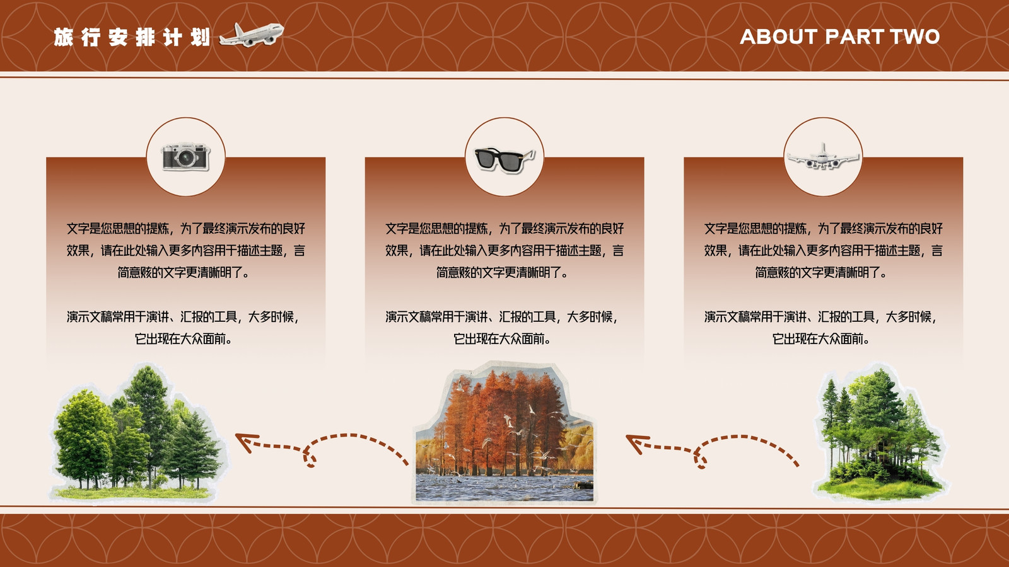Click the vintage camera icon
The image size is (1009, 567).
point(185,156)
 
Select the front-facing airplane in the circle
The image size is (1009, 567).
point(823,157)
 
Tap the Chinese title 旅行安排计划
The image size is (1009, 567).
point(132,37)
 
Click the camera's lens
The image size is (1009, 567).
point(186,158)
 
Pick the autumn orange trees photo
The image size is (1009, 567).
point(504,433)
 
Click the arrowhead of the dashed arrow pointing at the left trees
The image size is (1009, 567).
point(246,442)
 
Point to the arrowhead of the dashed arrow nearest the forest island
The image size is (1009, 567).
point(636,444)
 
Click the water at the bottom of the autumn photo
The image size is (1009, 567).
point(504,487)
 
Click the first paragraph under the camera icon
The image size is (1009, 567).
point(185,250)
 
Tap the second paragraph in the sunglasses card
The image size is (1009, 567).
point(501,328)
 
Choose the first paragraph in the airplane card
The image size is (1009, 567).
point(824,250)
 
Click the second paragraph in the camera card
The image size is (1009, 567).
point(183,328)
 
